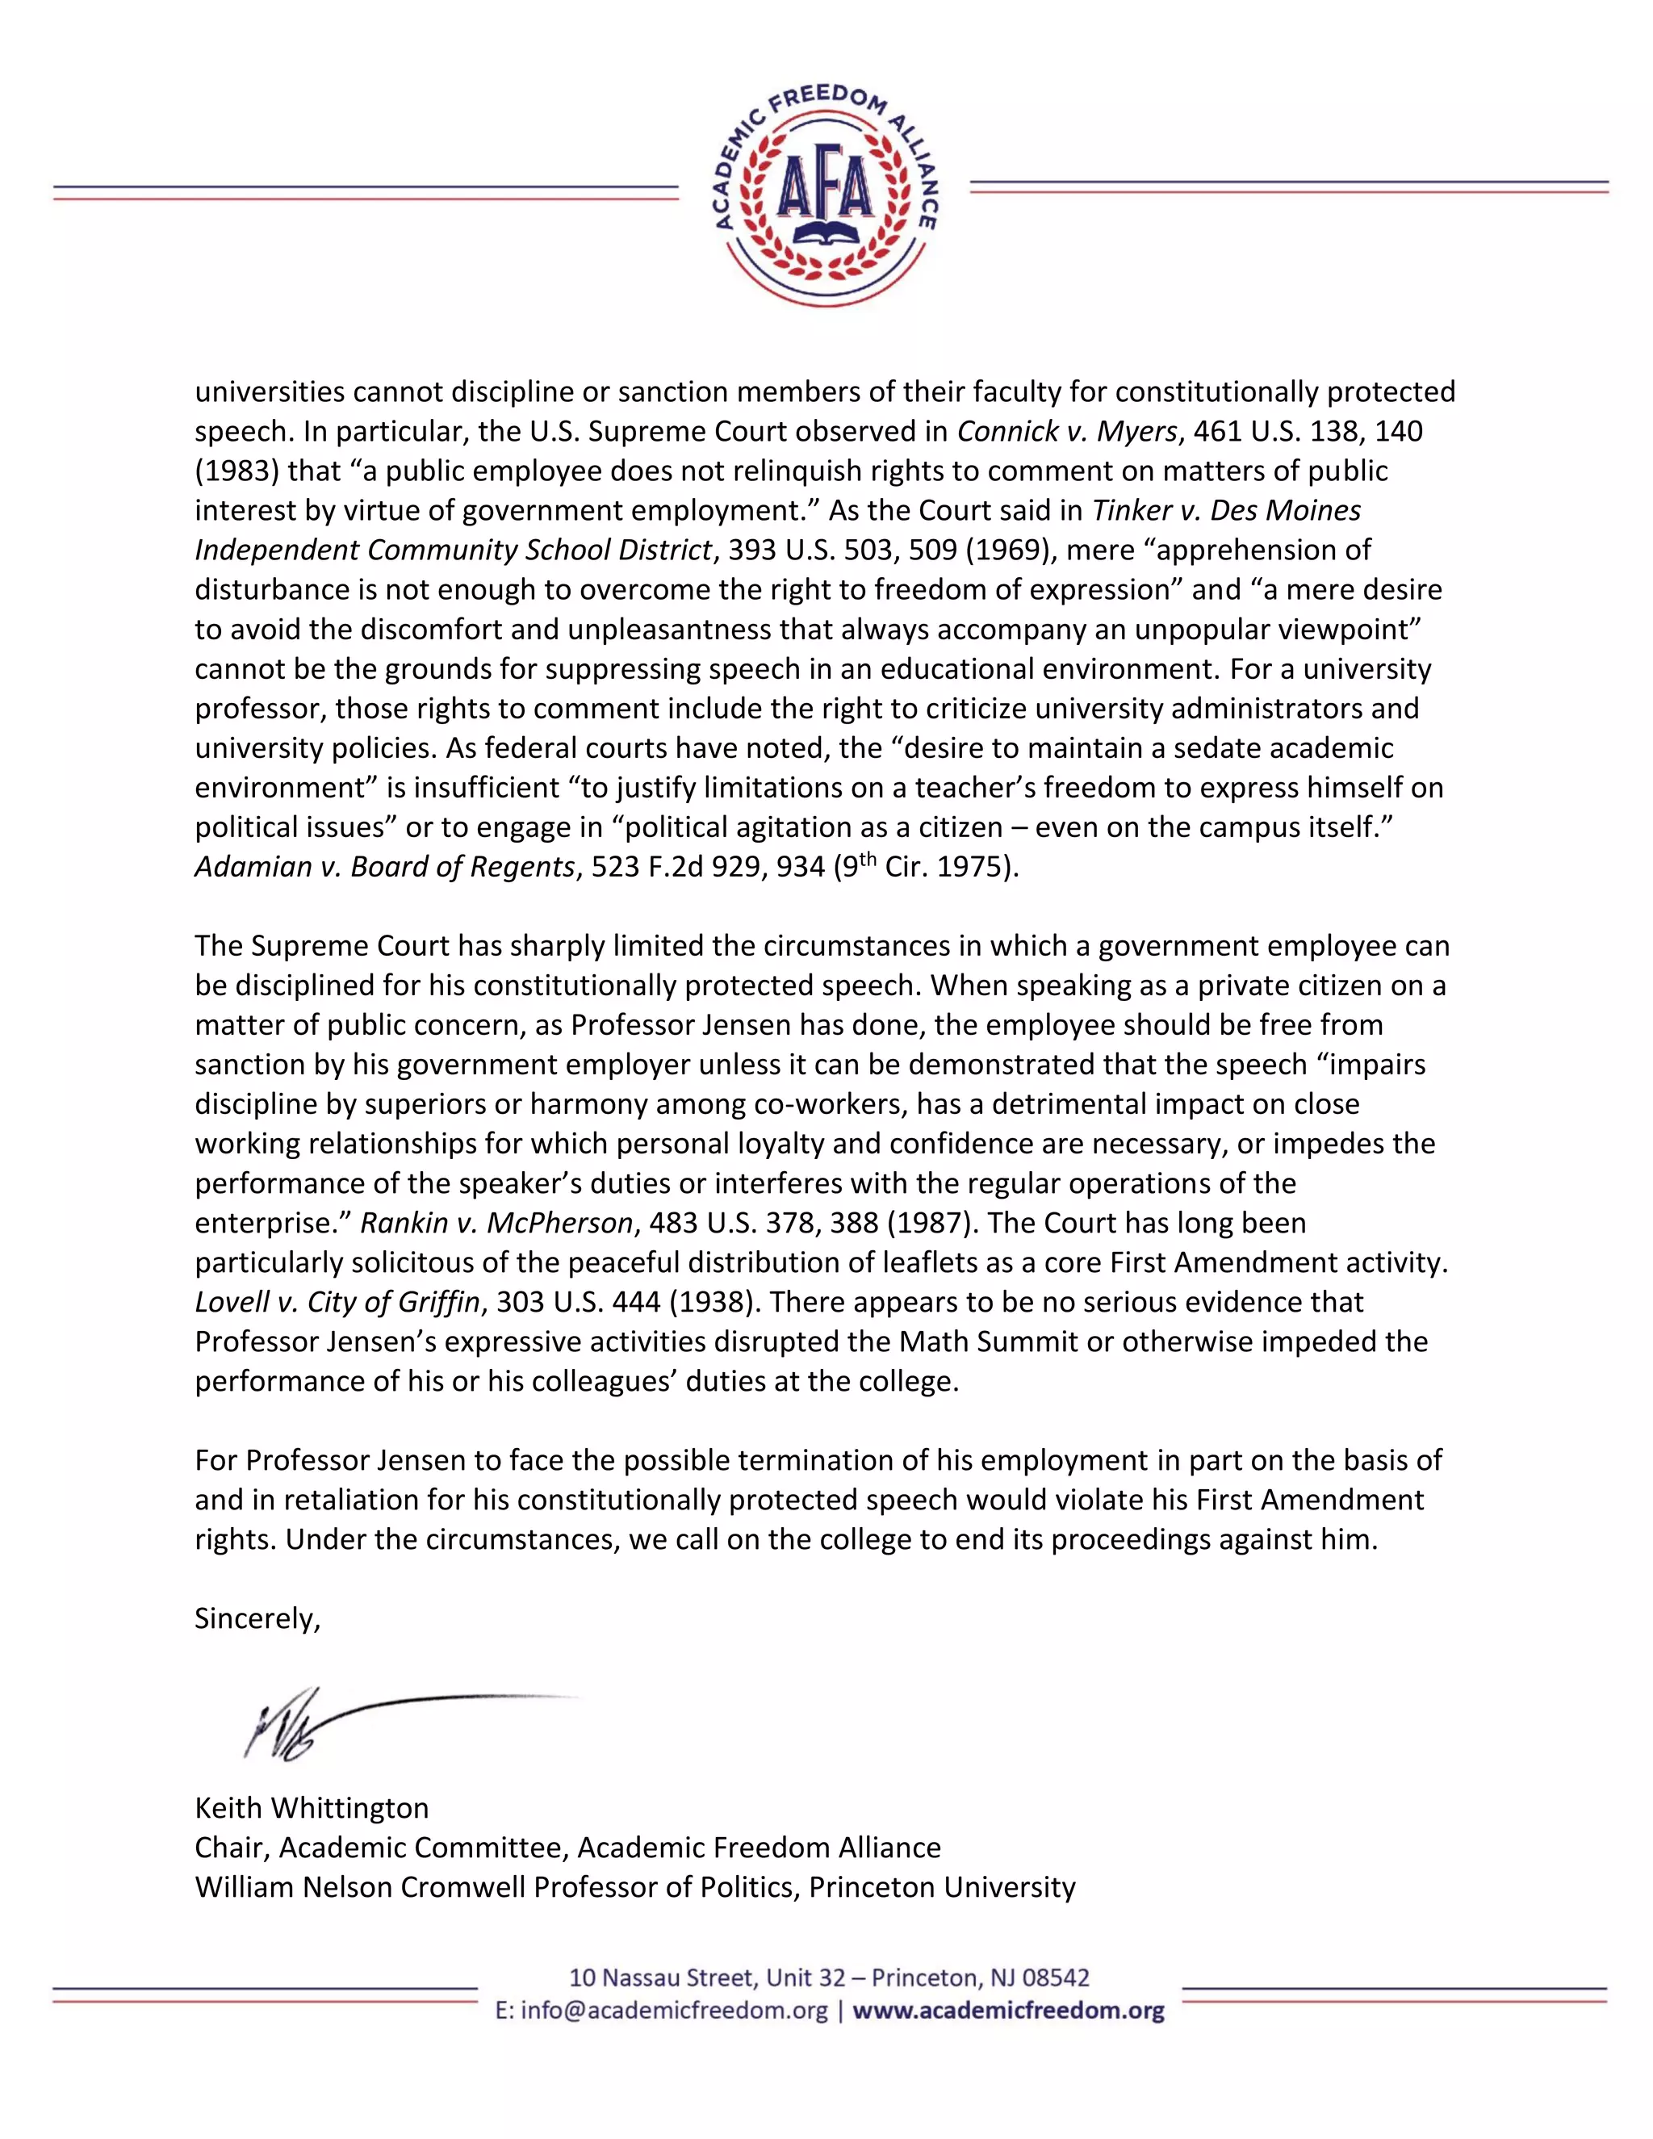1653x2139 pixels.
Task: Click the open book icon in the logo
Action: pyautogui.click(x=825, y=234)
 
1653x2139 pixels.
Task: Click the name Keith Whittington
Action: pyautogui.click(x=312, y=1808)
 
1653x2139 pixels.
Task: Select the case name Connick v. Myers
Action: pyautogui.click(x=1066, y=431)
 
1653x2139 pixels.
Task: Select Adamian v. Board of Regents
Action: pyautogui.click(x=384, y=867)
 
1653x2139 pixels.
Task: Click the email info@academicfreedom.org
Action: pyautogui.click(x=675, y=2011)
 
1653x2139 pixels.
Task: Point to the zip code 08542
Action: pyautogui.click(x=1056, y=1978)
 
